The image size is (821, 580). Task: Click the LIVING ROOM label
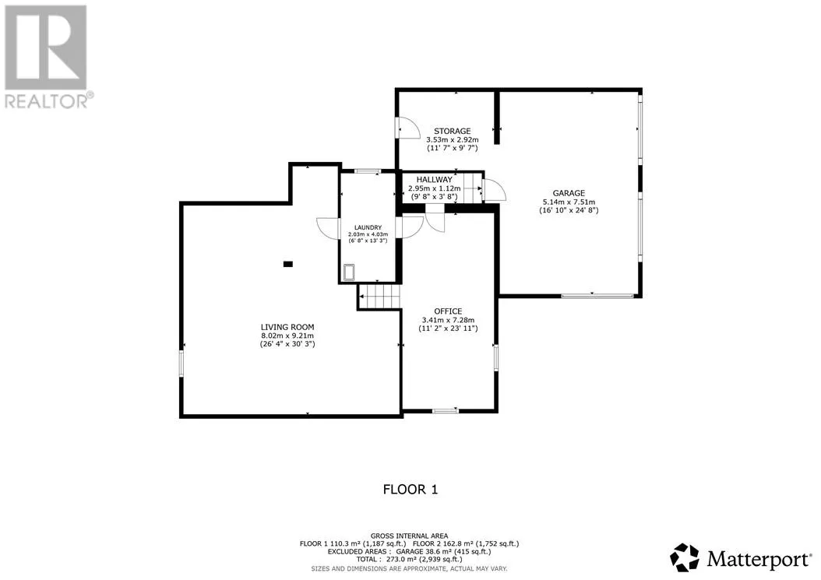(287, 327)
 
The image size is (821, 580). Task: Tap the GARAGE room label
(569, 193)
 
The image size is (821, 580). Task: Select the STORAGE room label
(453, 131)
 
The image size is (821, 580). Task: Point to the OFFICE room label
(448, 311)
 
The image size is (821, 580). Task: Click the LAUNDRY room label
(368, 227)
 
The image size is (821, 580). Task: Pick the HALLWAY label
(434, 180)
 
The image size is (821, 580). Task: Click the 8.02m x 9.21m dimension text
(287, 336)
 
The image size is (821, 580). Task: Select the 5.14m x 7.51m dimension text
(569, 202)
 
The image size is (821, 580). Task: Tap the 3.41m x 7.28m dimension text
(448, 320)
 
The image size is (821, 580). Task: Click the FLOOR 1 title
(410, 490)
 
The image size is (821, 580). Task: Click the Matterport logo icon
(685, 558)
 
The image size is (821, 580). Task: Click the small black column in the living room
(288, 265)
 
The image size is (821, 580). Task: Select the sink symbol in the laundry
(349, 272)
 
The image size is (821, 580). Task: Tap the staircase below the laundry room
(380, 297)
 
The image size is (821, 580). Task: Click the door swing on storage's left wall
(408, 127)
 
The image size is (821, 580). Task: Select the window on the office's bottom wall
(446, 411)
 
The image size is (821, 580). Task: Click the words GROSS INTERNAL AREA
(409, 536)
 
